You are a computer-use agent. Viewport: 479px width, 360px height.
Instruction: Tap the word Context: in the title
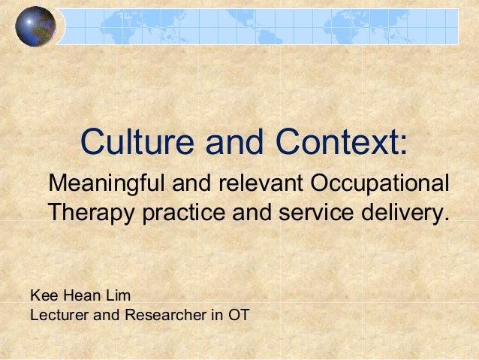[342, 141]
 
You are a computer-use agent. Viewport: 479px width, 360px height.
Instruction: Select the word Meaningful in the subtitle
[108, 183]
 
